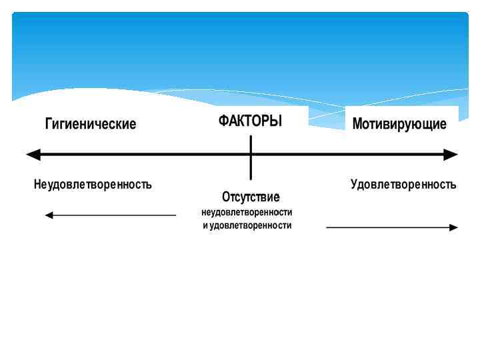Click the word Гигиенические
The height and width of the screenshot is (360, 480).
click(x=91, y=124)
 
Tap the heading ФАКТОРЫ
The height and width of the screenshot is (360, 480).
click(x=251, y=121)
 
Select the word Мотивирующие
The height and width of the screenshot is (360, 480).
click(x=399, y=124)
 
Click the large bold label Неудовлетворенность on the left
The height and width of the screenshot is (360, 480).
click(x=93, y=184)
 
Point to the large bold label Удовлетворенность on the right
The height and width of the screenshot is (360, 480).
click(x=403, y=184)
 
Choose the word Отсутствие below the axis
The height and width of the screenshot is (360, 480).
click(x=251, y=197)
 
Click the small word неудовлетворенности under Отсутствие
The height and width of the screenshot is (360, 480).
click(x=247, y=212)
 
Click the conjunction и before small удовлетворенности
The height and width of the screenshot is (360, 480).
click(x=205, y=225)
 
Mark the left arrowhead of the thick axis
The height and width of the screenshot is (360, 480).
click(x=32, y=155)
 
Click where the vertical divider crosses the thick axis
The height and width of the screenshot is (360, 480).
click(x=251, y=155)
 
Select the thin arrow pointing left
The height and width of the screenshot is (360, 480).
click(x=111, y=215)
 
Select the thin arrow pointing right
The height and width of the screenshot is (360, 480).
click(x=392, y=227)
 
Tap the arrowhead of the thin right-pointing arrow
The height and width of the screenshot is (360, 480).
click(x=454, y=227)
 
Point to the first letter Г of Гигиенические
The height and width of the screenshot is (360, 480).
click(x=48, y=124)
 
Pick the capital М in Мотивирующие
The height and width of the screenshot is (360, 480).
click(x=357, y=124)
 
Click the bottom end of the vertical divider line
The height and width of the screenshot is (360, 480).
click(x=251, y=178)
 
